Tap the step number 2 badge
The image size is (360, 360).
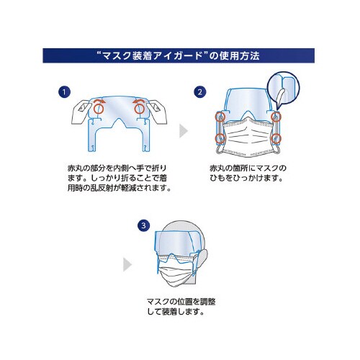click(x=199, y=92)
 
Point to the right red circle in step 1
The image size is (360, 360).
click(x=138, y=107)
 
